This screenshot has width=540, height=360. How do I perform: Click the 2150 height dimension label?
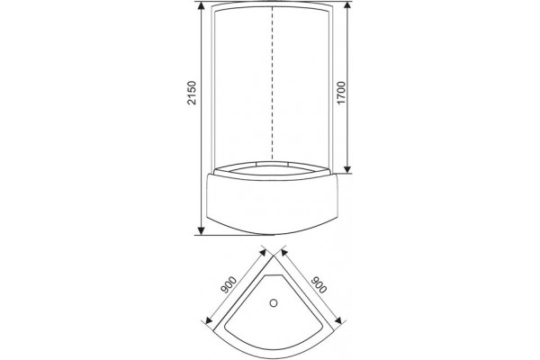pos(191,93)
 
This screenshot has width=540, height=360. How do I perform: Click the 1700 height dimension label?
pos(341,93)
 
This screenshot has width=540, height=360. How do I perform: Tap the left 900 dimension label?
pos(229,284)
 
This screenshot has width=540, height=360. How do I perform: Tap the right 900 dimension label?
pos(319,284)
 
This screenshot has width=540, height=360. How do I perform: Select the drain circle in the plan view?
pos(274,303)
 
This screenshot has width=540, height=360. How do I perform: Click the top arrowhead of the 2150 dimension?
pos(202,5)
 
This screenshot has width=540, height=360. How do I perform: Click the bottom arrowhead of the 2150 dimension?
pos(202,230)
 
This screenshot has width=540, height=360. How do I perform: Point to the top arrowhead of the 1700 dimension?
pos(347,5)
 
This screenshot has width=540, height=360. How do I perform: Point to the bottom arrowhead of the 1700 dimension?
pos(347,169)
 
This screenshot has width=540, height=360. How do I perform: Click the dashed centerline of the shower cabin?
pos(273,84)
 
